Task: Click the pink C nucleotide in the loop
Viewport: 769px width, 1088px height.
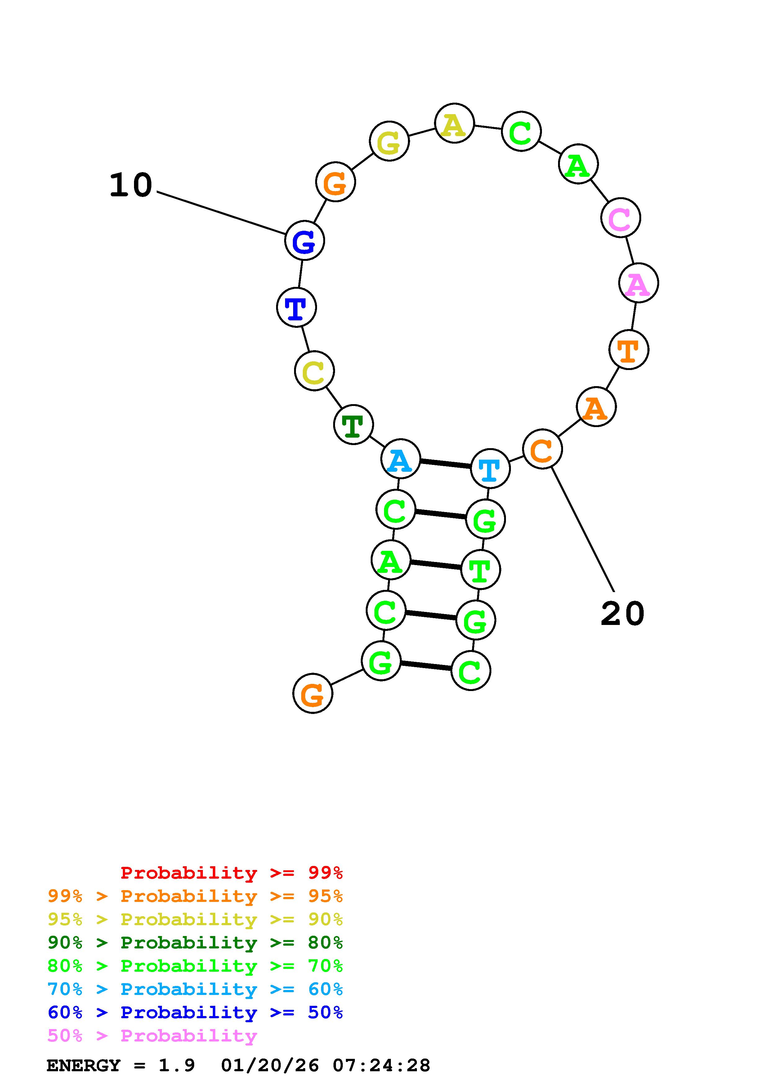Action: [620, 218]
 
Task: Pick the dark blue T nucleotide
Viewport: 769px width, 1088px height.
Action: [296, 308]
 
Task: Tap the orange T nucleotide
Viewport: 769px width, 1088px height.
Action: [628, 350]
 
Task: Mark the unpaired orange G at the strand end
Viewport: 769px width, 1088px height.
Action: [313, 694]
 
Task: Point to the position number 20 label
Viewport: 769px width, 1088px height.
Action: [622, 614]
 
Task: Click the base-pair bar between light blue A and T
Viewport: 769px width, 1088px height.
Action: [445, 463]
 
